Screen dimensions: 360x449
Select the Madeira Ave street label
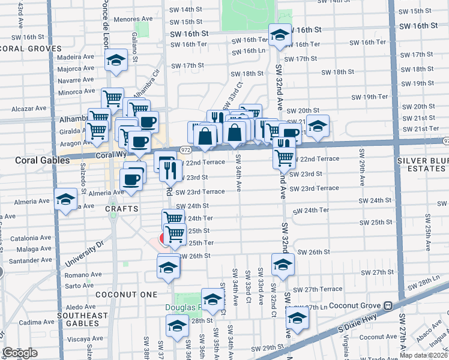[76, 57]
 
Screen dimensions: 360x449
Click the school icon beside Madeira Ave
[116, 61]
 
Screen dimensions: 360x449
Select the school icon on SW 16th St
[279, 35]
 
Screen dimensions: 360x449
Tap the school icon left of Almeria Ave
[65, 200]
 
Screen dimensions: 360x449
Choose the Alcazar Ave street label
[29, 109]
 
